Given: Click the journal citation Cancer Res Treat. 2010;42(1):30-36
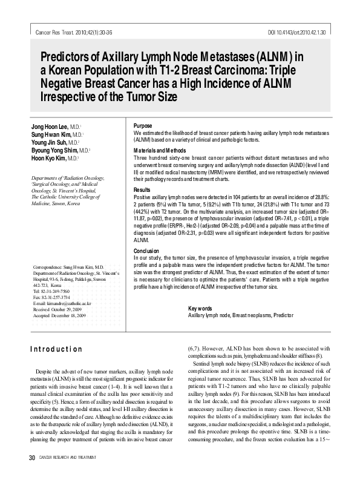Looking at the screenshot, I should click(67, 30).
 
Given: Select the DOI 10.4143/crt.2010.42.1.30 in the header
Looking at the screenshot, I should click(296, 30).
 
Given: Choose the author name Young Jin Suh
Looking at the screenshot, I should click(45, 142).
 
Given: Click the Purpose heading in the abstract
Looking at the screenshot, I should click(143, 125).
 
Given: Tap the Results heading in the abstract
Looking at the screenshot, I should click(142, 190).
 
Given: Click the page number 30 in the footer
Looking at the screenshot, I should click(25, 472).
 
